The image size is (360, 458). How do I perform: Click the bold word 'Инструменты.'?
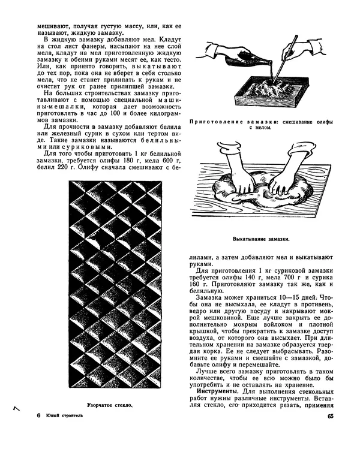click(x=216, y=391)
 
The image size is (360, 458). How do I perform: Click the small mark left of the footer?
click(x=16, y=408)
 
